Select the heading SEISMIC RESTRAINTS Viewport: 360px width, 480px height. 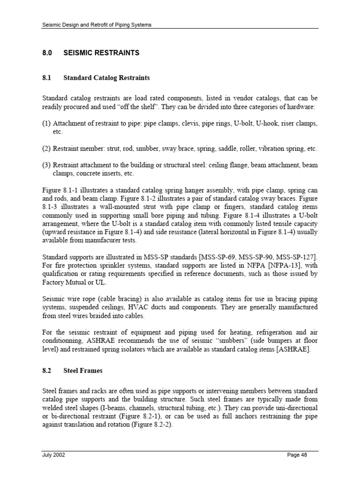101,53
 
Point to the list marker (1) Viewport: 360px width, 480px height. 47,124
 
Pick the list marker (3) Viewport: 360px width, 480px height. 47,165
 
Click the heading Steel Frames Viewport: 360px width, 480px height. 83,370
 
